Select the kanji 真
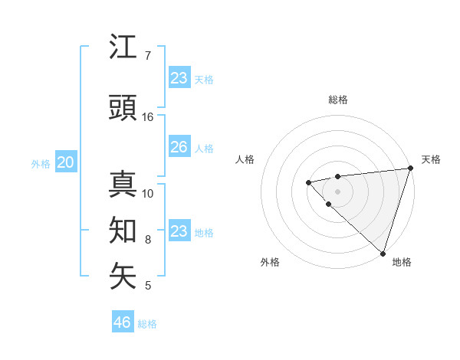[x=123, y=185]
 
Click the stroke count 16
[x=148, y=117]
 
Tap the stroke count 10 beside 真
[x=148, y=193]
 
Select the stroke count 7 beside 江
[x=148, y=56]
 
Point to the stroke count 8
[x=148, y=240]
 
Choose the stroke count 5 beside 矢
[x=148, y=286]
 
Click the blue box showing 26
[x=179, y=147]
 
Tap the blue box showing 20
[x=66, y=162]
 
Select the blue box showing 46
[x=123, y=322]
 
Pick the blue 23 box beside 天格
[x=179, y=78]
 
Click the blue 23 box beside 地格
[x=179, y=231]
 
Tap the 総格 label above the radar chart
[x=337, y=100]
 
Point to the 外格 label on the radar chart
[x=270, y=262]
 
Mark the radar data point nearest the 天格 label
[x=409, y=169]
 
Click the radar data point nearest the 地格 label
[x=382, y=252]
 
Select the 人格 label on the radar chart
[x=245, y=159]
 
